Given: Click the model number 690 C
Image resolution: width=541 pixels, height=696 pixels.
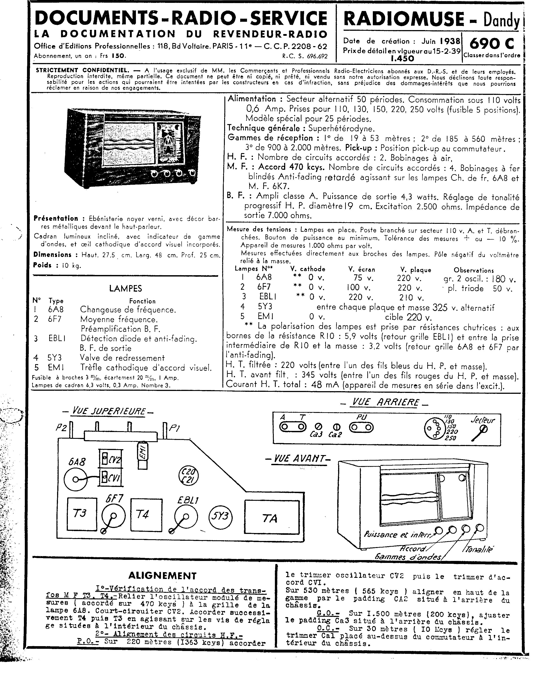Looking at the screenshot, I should tap(492, 44).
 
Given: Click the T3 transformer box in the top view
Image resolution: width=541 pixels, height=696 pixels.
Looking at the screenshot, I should tap(82, 514).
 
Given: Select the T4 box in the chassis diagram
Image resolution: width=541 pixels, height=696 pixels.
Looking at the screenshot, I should tap(146, 514).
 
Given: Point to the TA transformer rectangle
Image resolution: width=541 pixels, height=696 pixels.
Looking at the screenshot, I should tap(272, 517).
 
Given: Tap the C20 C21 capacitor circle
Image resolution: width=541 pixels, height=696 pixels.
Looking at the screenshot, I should tap(188, 476).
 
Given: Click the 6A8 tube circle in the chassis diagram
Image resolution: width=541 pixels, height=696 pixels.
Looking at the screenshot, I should tap(75, 479).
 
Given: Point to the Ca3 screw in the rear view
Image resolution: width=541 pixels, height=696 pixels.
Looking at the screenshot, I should tap(318, 427).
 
